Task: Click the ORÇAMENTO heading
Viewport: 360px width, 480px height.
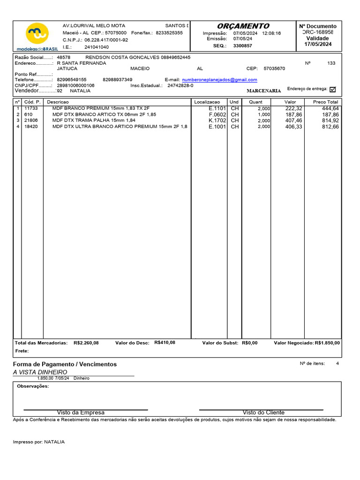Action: click(x=243, y=26)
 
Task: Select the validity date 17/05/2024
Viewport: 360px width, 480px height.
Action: click(x=317, y=44)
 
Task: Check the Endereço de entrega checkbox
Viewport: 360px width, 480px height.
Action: click(x=333, y=89)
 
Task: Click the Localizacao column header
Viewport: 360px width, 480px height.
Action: click(x=207, y=102)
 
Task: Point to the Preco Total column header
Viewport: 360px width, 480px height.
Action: click(x=325, y=102)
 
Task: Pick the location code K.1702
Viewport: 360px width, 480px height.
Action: click(x=217, y=120)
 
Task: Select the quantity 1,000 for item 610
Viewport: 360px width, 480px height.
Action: click(x=264, y=114)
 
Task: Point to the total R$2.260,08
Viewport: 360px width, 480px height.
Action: click(x=86, y=343)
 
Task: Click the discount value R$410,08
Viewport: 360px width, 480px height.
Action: click(x=165, y=343)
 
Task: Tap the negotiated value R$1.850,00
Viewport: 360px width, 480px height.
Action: click(x=327, y=343)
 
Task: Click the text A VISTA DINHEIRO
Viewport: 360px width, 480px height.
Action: click(x=40, y=372)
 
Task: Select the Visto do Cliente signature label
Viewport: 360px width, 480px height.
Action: click(x=263, y=412)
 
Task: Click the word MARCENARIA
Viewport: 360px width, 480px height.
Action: click(x=264, y=90)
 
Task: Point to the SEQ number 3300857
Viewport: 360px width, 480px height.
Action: click(x=242, y=45)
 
